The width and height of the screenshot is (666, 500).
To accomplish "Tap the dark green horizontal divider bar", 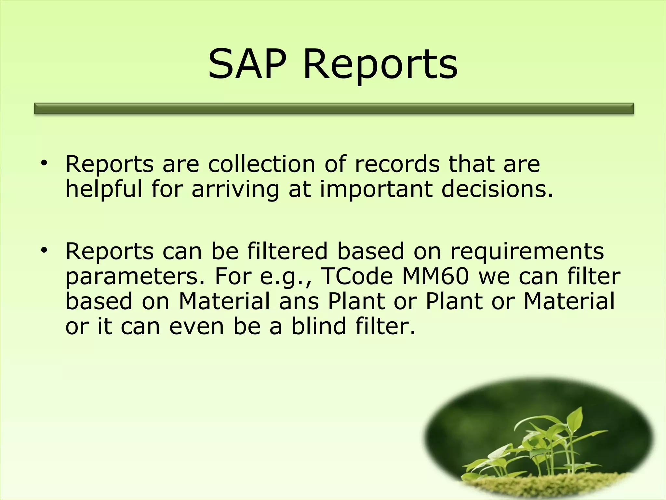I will point(334,109).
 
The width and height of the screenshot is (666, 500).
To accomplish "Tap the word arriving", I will point(235,190).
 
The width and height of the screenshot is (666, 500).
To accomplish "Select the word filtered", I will point(287,251).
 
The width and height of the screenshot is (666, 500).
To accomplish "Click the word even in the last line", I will point(196,326).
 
